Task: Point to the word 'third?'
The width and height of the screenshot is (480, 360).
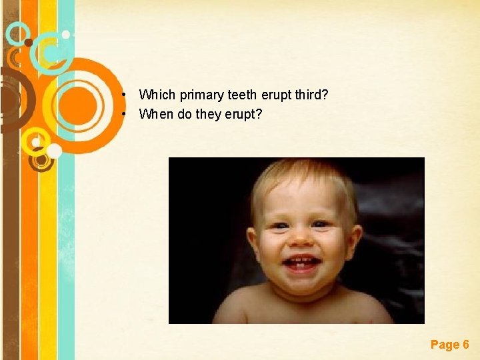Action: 311,95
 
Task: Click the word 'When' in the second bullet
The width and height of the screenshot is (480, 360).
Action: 156,114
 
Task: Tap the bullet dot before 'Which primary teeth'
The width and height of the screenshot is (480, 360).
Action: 125,95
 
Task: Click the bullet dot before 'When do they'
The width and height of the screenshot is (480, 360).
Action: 125,114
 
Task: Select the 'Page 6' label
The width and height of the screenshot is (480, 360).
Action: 449,345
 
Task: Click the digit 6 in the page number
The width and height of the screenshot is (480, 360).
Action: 465,345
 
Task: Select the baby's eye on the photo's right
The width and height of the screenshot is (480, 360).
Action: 323,223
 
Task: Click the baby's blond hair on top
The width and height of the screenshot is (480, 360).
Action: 303,175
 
